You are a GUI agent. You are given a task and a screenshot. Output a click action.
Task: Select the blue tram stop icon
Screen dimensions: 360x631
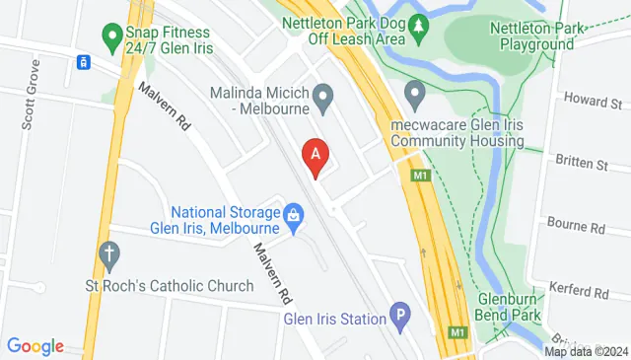[85, 62]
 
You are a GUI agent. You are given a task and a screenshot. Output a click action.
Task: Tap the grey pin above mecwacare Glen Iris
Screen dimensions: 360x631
[415, 97]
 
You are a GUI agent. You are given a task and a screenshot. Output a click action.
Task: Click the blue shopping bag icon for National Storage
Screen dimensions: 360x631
[293, 213]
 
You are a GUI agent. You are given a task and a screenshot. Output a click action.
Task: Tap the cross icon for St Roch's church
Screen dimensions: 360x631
[107, 255]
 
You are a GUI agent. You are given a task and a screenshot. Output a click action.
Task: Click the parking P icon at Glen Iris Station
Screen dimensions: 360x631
[399, 316]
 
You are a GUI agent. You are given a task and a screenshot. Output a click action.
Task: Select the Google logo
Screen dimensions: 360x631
[35, 345]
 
